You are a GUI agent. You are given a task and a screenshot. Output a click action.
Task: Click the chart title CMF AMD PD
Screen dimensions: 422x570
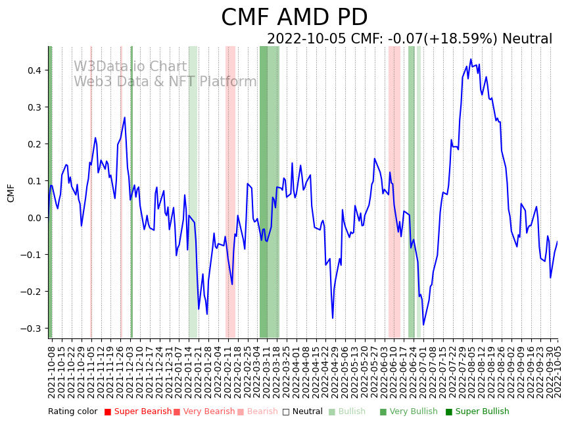pyautogui.click(x=294, y=18)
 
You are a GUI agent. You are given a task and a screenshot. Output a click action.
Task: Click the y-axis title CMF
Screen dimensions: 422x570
pyautogui.click(x=11, y=193)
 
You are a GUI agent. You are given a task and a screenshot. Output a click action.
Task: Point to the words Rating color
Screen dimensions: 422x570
pyautogui.click(x=72, y=412)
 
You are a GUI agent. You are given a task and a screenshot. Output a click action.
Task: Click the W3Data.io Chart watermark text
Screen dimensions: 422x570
pyautogui.click(x=130, y=66)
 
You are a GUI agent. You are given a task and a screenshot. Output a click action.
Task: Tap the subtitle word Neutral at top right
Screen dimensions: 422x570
pyautogui.click(x=527, y=39)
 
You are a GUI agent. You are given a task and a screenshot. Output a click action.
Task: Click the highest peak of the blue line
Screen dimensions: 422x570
pyautogui.click(x=471, y=59)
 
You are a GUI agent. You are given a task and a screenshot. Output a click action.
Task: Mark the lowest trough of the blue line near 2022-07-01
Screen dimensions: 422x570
pyautogui.click(x=423, y=325)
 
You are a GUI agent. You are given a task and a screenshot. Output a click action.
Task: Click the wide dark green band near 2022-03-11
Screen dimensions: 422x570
pyautogui.click(x=269, y=192)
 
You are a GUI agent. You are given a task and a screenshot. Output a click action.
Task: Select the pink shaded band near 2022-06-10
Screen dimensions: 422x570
pyautogui.click(x=394, y=192)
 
